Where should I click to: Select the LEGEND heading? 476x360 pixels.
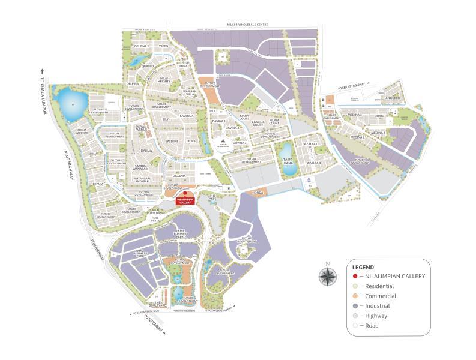click(x=363, y=267)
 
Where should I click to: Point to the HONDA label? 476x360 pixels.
click(x=258, y=193)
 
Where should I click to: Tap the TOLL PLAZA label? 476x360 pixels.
click(x=157, y=220)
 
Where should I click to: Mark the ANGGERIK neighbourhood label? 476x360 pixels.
click(x=393, y=98)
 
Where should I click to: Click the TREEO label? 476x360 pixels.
click(x=163, y=46)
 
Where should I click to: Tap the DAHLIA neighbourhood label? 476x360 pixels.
click(x=146, y=151)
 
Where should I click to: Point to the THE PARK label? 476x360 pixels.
click(x=212, y=197)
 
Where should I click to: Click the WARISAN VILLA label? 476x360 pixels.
click(x=190, y=93)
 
